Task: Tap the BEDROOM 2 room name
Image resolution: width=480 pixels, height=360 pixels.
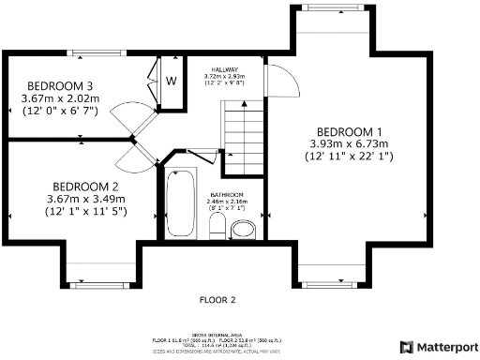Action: [x=84, y=186]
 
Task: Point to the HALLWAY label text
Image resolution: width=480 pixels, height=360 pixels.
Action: [x=225, y=69]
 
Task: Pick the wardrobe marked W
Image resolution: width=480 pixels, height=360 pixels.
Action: [x=172, y=82]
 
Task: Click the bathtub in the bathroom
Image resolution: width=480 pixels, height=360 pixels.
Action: [x=179, y=203]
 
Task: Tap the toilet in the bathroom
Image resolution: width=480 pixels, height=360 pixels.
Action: [x=217, y=226]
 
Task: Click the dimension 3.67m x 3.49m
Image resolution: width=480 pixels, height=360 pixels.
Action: [x=84, y=199]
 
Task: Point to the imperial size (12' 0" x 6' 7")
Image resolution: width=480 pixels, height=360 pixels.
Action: [x=58, y=110]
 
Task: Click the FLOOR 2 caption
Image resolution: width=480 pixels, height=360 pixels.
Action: [x=217, y=300]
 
